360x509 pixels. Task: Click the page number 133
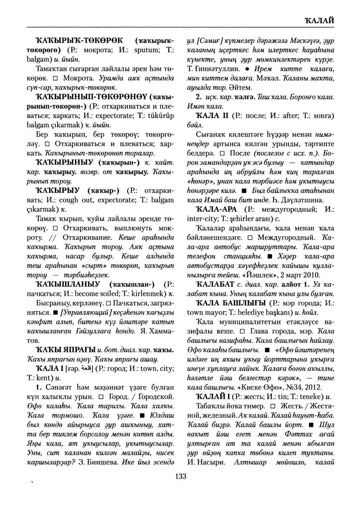tap(180, 477)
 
